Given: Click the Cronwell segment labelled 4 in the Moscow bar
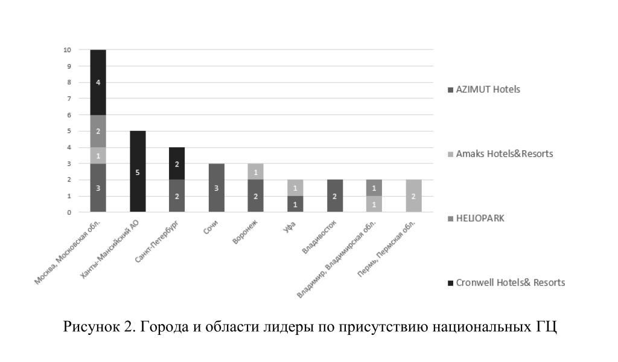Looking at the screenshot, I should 98,82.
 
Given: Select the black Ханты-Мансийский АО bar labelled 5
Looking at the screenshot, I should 138,171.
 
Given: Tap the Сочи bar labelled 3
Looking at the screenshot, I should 217,188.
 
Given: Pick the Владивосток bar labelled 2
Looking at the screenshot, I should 335,196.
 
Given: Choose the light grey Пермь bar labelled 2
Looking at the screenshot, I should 413,196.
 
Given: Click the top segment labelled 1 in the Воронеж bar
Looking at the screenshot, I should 256,171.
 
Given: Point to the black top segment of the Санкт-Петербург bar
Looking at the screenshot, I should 177,164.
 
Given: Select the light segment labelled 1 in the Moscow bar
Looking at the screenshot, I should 98,155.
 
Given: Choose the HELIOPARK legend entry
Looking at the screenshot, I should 480,218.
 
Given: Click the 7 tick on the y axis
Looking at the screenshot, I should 69,98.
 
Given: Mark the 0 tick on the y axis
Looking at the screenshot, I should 69,212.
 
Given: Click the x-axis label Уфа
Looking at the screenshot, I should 290,228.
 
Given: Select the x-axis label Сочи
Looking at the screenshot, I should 211,230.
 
